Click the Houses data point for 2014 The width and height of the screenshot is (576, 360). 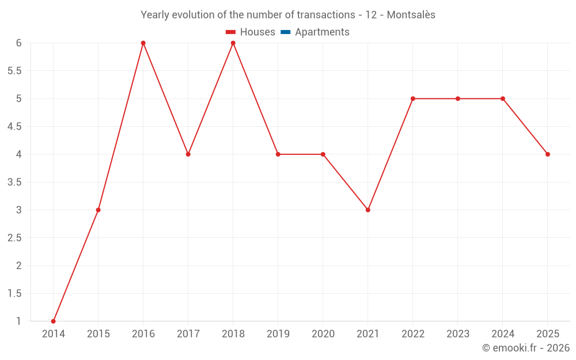54,321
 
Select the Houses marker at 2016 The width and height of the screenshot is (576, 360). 143,43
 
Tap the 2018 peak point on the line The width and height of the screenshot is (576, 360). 233,43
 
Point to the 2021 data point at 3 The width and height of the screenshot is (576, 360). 368,210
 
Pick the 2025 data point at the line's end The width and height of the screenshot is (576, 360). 548,154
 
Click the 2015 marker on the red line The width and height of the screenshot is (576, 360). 98,210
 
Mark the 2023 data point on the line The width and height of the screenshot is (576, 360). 458,98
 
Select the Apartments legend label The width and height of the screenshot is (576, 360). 322,32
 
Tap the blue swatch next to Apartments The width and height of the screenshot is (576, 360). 285,32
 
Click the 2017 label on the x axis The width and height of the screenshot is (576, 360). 188,334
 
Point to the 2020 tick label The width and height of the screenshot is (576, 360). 323,334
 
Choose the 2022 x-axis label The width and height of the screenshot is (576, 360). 413,334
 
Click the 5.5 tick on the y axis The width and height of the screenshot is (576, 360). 14,71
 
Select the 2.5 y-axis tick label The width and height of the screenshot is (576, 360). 14,238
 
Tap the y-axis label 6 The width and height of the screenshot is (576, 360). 18,43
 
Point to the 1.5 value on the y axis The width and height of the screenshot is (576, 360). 14,293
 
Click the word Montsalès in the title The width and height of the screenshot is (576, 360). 411,15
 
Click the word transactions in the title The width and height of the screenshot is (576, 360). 325,15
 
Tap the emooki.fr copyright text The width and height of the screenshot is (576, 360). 526,348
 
